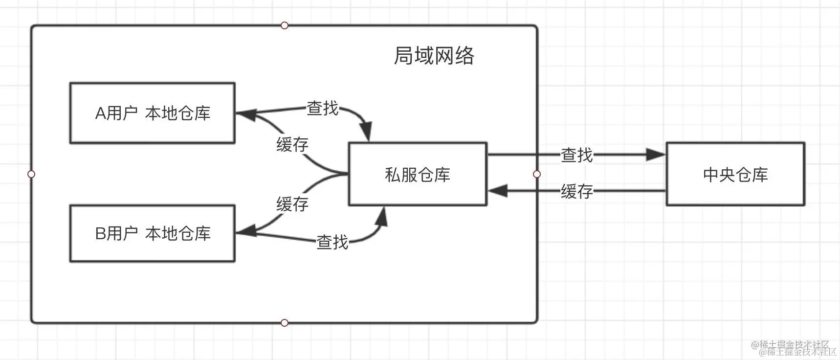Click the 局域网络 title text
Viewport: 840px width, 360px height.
pyautogui.click(x=434, y=55)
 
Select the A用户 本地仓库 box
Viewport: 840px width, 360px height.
pyautogui.click(x=153, y=113)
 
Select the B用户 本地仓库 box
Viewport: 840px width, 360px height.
pyautogui.click(x=153, y=233)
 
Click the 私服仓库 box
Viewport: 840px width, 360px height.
pyautogui.click(x=418, y=174)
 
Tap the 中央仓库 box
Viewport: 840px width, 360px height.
pyautogui.click(x=735, y=174)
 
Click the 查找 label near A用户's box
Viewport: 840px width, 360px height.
pyautogui.click(x=322, y=108)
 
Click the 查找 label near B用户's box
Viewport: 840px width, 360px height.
pyautogui.click(x=332, y=242)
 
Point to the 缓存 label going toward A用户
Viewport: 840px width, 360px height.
pyautogui.click(x=292, y=144)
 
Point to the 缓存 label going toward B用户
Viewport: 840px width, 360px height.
pyautogui.click(x=292, y=203)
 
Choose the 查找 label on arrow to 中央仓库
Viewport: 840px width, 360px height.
pyautogui.click(x=577, y=155)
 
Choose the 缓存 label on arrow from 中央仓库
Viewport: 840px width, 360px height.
pyautogui.click(x=577, y=191)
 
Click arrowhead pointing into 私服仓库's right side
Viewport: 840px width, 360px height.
pyautogui.click(x=498, y=191)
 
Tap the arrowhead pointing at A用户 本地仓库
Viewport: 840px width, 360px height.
pyautogui.click(x=246, y=114)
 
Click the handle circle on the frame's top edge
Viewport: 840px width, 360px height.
pyautogui.click(x=285, y=25)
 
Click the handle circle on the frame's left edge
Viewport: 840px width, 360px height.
pyautogui.click(x=31, y=174)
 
